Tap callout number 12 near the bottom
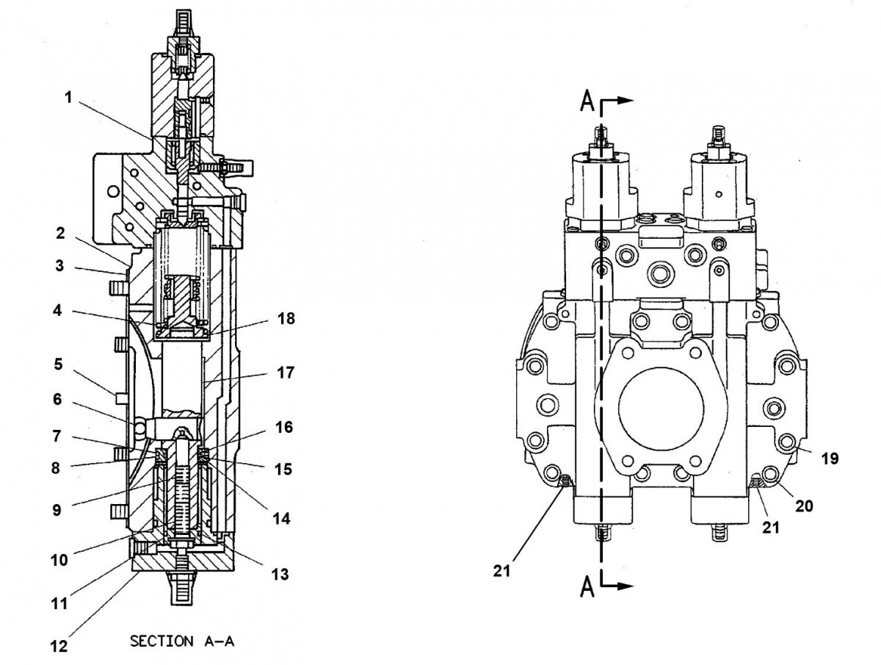(x=59, y=647)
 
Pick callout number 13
(x=279, y=573)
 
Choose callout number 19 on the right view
(x=829, y=459)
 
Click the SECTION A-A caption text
(x=182, y=641)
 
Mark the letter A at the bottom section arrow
(x=587, y=586)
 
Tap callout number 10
(x=59, y=560)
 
